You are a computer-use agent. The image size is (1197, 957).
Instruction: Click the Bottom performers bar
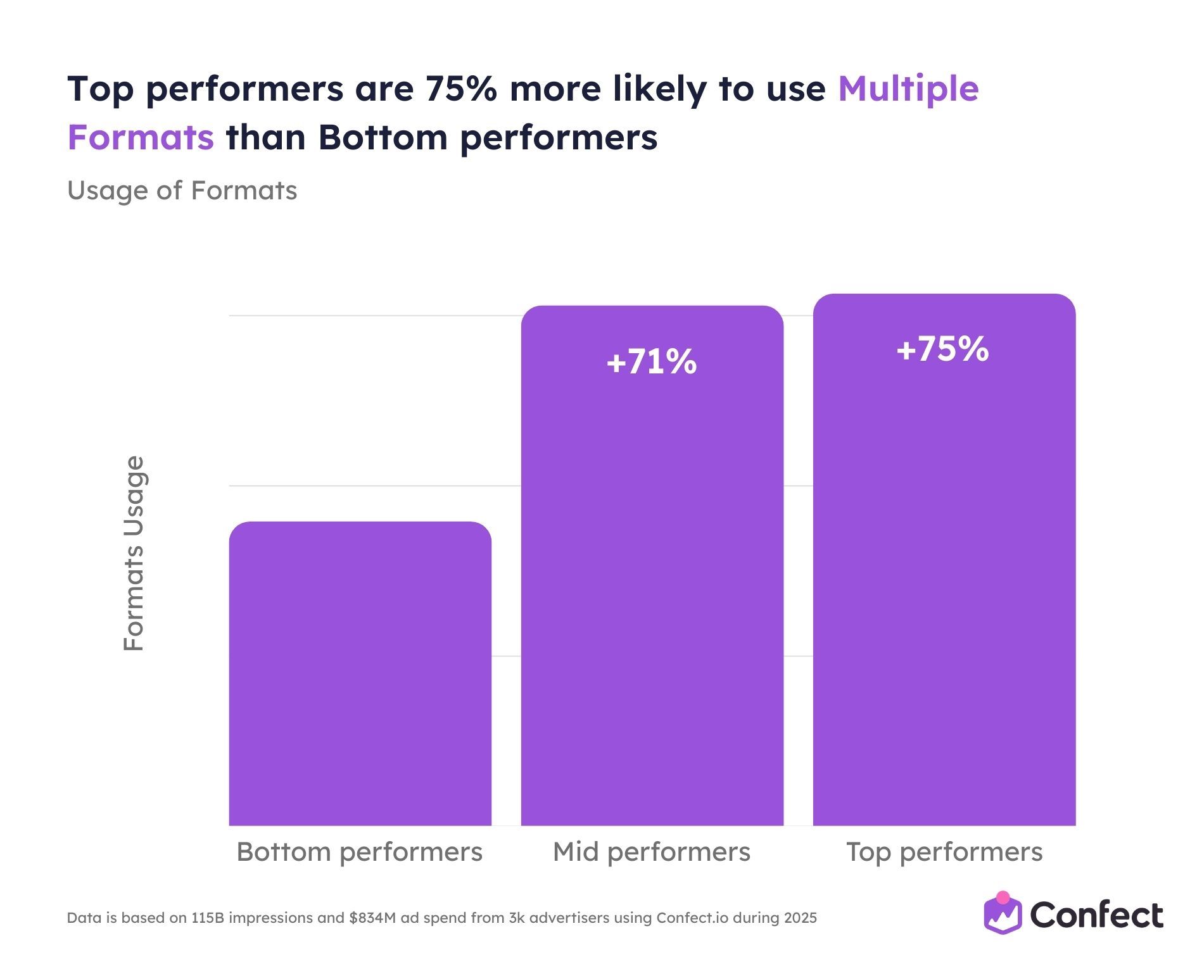360,674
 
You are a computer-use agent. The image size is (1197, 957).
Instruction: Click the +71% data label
652,363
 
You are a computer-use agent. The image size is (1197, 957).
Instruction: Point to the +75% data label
942,349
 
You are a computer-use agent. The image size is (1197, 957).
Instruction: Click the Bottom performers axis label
359,852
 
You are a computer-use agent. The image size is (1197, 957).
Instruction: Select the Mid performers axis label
651,852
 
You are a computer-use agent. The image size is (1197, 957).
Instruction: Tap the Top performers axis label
944,852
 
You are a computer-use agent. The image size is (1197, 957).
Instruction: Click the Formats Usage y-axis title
134,553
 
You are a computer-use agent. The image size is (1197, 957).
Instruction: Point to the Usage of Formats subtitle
182,191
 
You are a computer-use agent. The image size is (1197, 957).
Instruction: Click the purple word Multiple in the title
908,89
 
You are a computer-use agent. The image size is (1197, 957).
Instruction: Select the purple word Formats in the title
141,137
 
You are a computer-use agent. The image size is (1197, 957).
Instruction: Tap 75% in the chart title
460,89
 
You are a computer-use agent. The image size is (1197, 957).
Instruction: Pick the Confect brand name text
1096,915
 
